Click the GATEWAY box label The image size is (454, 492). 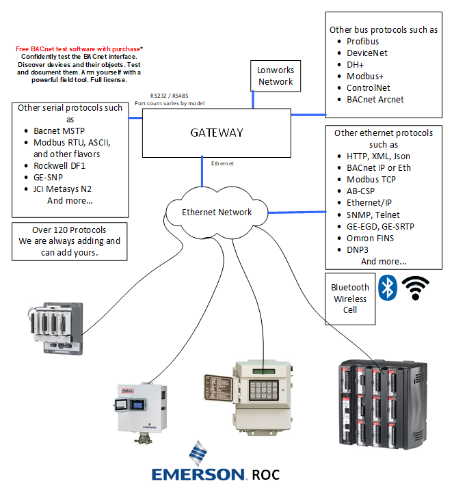point(216,133)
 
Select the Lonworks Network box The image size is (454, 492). point(275,76)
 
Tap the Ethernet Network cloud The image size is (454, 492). point(216,212)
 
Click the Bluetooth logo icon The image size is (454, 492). point(388,288)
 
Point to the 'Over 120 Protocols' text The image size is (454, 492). point(69,230)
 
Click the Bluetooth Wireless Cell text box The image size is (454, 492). point(350,299)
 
